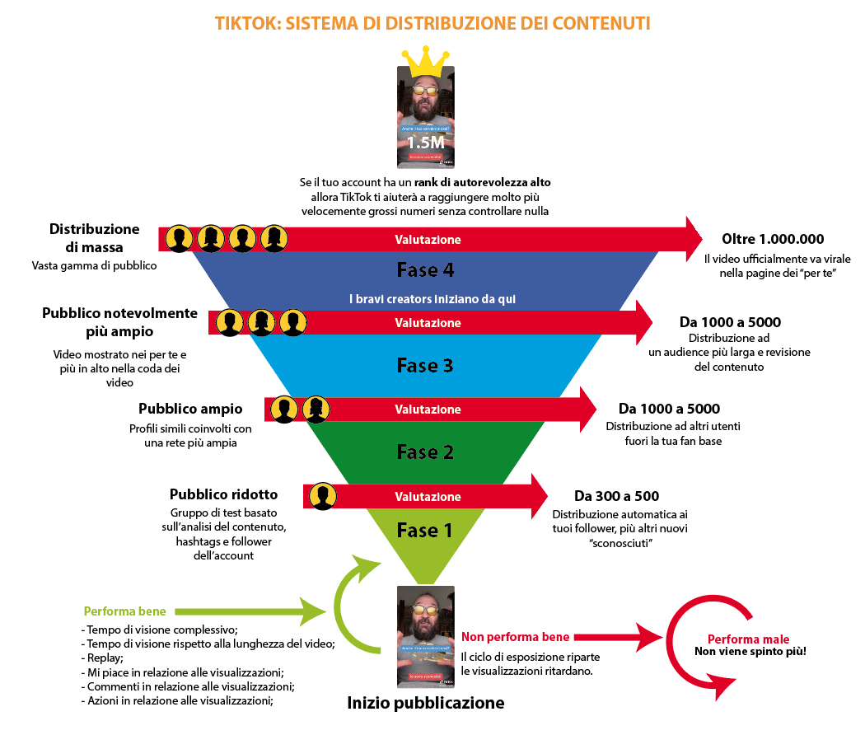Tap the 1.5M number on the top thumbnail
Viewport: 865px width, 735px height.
[x=426, y=142]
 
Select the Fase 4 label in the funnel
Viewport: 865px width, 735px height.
[x=425, y=269]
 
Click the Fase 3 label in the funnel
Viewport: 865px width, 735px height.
[x=425, y=365]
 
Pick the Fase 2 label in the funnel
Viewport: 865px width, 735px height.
[x=425, y=452]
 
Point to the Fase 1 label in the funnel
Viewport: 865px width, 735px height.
[x=424, y=531]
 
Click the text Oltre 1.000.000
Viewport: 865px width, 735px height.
[x=773, y=239]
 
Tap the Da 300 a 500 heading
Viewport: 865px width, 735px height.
[x=616, y=496]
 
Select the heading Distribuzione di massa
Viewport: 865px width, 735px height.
[x=94, y=237]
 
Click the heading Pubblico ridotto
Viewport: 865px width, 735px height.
[x=223, y=494]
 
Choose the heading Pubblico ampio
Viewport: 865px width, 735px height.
[x=190, y=409]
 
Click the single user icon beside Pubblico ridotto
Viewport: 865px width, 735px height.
[x=322, y=496]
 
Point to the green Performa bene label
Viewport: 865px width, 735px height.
[x=124, y=611]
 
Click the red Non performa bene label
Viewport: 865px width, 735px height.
[x=516, y=637]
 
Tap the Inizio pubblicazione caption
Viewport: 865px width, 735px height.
[x=425, y=703]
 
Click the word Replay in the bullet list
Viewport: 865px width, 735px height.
[x=105, y=658]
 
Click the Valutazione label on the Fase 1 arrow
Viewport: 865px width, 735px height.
[x=428, y=497]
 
